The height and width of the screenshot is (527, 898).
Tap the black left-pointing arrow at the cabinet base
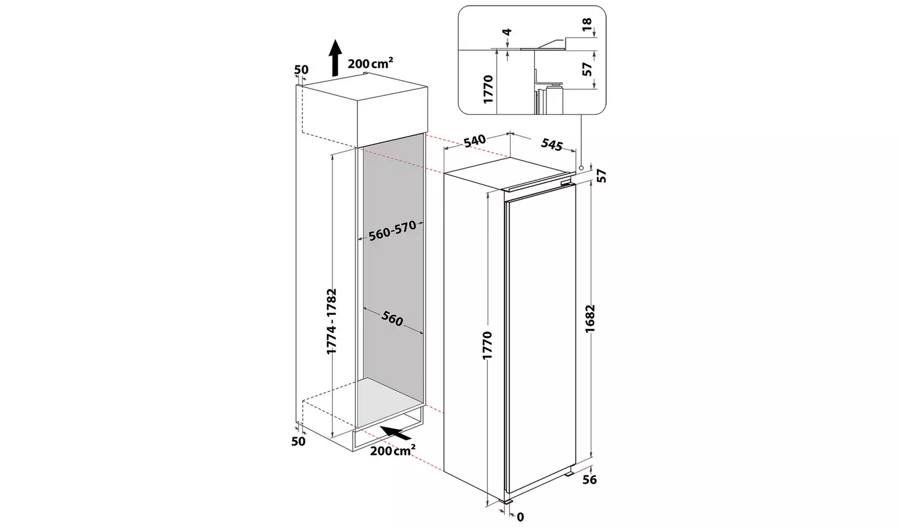[392, 432]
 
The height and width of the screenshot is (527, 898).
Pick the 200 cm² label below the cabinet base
[392, 450]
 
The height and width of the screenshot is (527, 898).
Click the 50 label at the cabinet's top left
[301, 70]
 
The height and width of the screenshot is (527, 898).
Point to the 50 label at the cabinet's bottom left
[298, 441]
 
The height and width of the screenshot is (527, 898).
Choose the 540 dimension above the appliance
[474, 141]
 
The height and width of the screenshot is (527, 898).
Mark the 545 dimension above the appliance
[552, 144]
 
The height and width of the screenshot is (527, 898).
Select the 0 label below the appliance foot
[520, 517]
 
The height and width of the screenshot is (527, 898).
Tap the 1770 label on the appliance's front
[486, 345]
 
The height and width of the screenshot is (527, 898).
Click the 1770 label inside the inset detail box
[488, 89]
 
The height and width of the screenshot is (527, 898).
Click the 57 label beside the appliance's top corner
[602, 175]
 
